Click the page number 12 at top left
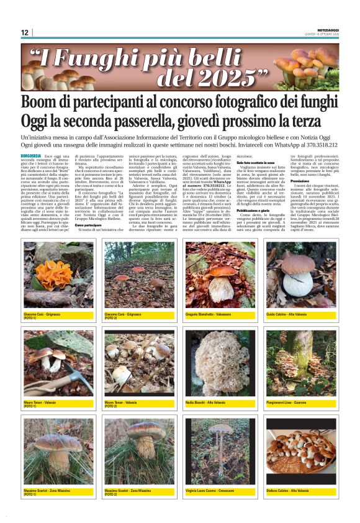click(25, 33)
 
